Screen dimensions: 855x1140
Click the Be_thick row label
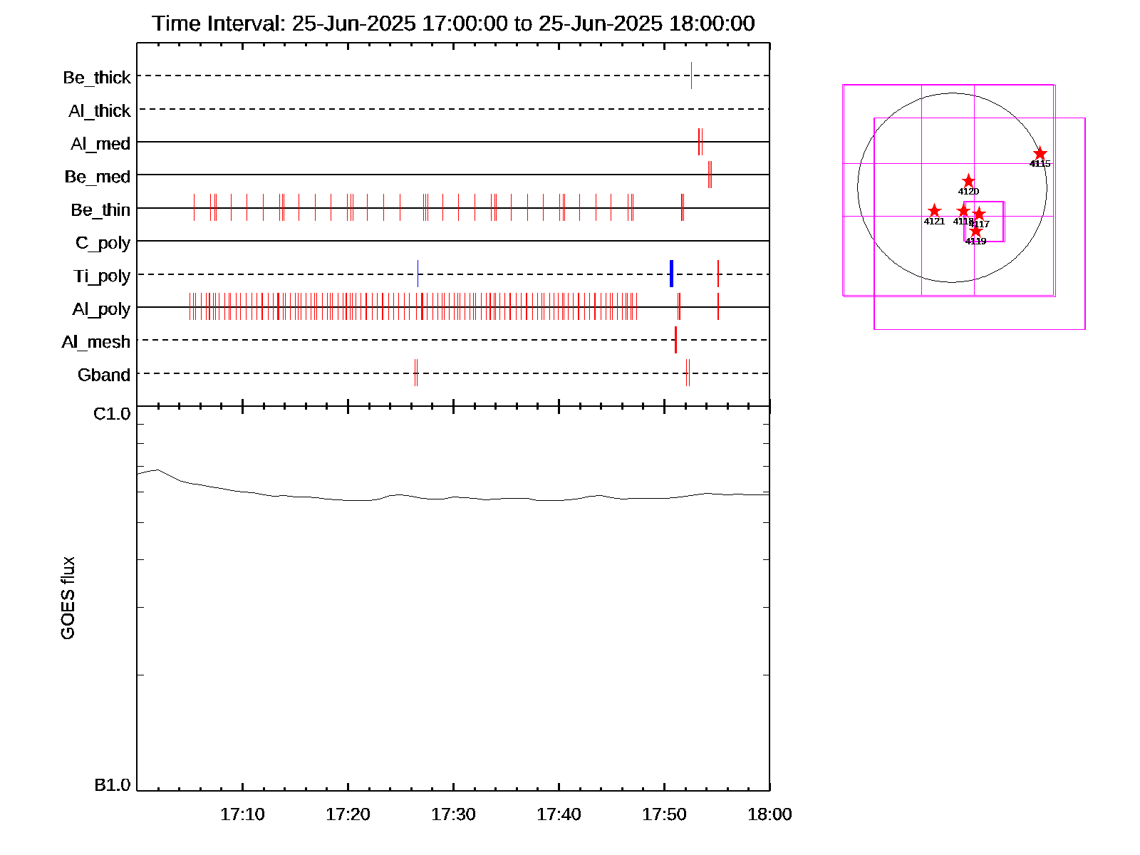click(97, 77)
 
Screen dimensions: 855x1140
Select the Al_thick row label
click(100, 110)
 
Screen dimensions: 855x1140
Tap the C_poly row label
click(103, 243)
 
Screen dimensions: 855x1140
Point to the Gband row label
click(104, 375)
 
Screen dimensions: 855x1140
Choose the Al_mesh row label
click(96, 342)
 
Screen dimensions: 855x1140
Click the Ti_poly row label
click(102, 276)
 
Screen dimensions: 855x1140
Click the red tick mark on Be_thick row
click(691, 76)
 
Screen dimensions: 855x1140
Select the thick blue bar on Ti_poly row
click(671, 274)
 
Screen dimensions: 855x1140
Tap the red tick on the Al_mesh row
click(675, 340)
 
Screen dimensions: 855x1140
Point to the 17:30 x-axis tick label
click(453, 814)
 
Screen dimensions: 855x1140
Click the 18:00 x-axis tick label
click(769, 814)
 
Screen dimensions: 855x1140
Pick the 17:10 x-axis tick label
click(242, 814)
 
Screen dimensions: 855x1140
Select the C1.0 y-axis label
click(113, 414)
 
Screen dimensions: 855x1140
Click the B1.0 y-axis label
click(113, 785)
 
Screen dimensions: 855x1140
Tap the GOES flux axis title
click(68, 598)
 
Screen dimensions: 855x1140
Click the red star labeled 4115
click(1040, 154)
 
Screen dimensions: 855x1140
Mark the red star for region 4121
click(934, 211)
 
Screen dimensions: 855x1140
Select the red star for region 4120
click(968, 181)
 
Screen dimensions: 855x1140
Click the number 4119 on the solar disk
click(975, 242)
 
